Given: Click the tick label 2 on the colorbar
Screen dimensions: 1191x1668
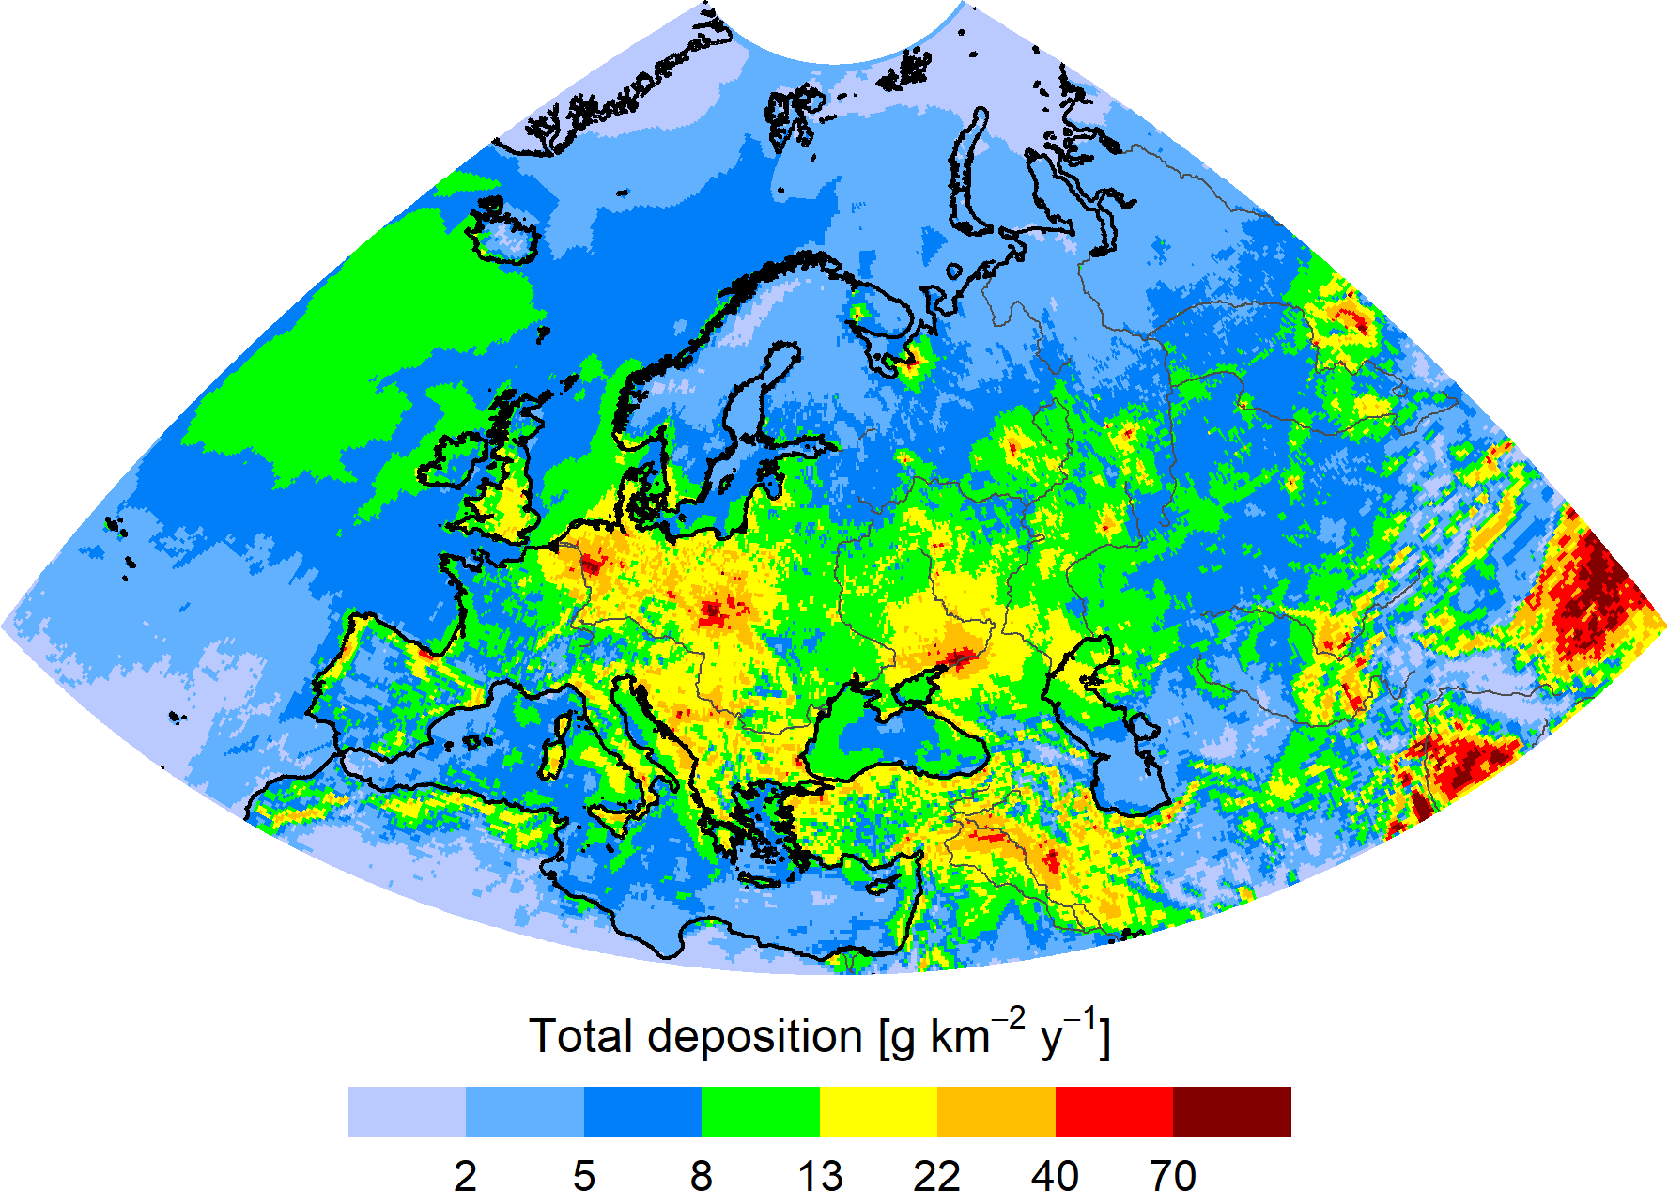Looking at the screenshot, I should [x=465, y=1175].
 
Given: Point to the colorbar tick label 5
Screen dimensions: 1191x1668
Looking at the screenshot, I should [x=583, y=1175].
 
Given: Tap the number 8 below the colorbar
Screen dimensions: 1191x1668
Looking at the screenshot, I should [x=702, y=1175].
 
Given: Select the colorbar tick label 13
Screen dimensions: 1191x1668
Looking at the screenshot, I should [x=820, y=1175].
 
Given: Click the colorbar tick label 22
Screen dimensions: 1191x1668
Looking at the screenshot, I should [x=937, y=1175].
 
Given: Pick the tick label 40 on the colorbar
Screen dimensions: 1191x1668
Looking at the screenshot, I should [x=1055, y=1175].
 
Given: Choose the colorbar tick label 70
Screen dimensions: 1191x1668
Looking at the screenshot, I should [x=1173, y=1175].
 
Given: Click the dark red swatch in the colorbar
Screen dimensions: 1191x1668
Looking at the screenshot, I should [x=1232, y=1111].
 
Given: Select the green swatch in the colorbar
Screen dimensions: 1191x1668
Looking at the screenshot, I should [x=761, y=1111].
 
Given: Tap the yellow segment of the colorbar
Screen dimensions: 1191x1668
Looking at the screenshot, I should [x=878, y=1111].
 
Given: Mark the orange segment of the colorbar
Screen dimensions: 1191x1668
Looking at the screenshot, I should [x=996, y=1111].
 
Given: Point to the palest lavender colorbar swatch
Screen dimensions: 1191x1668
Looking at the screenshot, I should [x=407, y=1111].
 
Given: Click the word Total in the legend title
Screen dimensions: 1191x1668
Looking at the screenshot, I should [x=580, y=1036].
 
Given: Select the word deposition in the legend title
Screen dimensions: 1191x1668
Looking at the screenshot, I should [x=754, y=1038].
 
